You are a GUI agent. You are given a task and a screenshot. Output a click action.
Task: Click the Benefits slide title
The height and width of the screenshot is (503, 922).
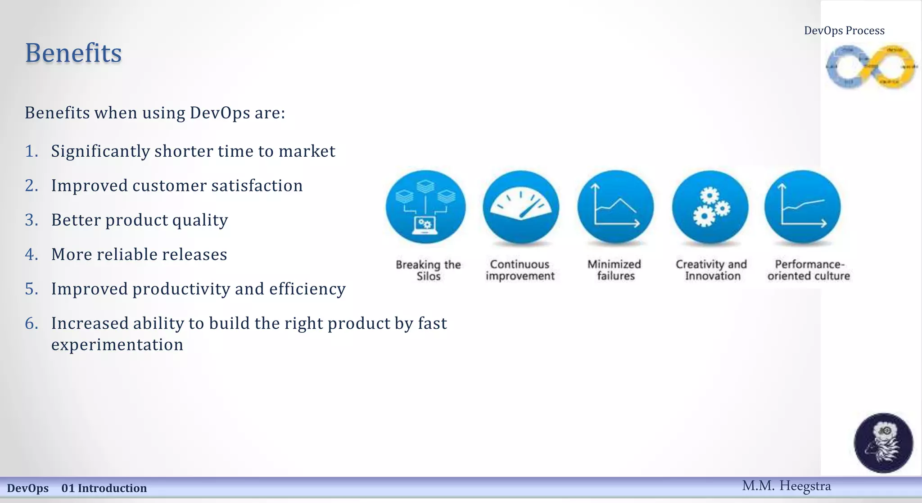click(73, 53)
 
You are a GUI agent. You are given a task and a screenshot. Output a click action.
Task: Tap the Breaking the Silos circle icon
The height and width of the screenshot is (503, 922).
click(425, 207)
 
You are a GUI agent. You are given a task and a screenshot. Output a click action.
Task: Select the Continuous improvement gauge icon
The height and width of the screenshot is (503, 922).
click(521, 207)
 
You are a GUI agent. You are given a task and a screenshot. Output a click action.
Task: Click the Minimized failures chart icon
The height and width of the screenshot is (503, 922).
click(615, 207)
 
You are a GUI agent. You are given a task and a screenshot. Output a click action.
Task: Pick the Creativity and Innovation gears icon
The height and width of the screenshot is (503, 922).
click(710, 207)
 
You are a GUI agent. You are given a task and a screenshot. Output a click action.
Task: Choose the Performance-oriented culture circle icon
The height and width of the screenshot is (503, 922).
click(803, 207)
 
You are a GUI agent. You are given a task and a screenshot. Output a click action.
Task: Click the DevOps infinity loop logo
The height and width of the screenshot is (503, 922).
click(871, 67)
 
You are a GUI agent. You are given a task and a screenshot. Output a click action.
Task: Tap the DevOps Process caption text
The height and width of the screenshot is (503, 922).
click(844, 31)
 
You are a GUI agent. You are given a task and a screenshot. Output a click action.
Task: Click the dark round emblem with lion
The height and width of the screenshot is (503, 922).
click(883, 443)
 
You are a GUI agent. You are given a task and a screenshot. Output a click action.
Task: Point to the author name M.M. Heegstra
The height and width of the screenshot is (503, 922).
click(786, 486)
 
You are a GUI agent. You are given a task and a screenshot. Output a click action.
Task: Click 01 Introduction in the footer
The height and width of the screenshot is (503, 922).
click(104, 488)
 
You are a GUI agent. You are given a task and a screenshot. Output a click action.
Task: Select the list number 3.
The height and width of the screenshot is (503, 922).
click(31, 220)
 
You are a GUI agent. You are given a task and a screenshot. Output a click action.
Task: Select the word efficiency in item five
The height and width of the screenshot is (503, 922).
click(307, 289)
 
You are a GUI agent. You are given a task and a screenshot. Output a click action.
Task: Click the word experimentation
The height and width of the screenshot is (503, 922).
click(117, 344)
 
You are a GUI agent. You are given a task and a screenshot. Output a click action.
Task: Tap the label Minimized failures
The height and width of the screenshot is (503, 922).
click(615, 270)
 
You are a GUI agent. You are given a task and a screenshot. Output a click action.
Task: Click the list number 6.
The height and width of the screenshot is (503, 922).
click(31, 323)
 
